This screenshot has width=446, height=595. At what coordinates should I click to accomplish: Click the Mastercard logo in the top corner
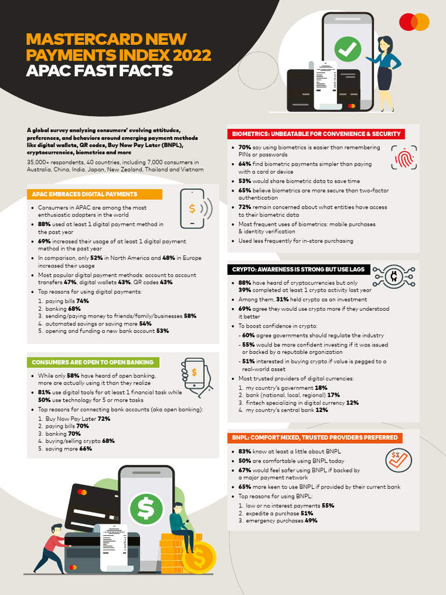click(x=414, y=22)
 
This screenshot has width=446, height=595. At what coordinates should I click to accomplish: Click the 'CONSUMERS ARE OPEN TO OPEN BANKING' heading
click(x=92, y=362)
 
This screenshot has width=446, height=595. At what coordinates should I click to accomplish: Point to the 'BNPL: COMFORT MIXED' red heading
click(x=315, y=437)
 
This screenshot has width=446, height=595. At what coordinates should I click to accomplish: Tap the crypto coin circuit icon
click(x=393, y=274)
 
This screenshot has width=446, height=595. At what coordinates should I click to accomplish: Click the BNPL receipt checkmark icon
click(x=399, y=460)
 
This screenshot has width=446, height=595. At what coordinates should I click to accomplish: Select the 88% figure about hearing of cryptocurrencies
click(x=244, y=282)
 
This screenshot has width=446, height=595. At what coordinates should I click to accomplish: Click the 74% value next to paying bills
click(x=82, y=301)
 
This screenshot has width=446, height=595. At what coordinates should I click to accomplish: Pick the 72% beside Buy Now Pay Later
click(x=104, y=418)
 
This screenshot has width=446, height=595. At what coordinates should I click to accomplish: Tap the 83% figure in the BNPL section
click(x=244, y=451)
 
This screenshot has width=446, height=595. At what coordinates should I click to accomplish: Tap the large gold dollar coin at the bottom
click(x=199, y=558)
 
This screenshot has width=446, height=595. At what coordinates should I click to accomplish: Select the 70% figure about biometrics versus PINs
click(x=244, y=148)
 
